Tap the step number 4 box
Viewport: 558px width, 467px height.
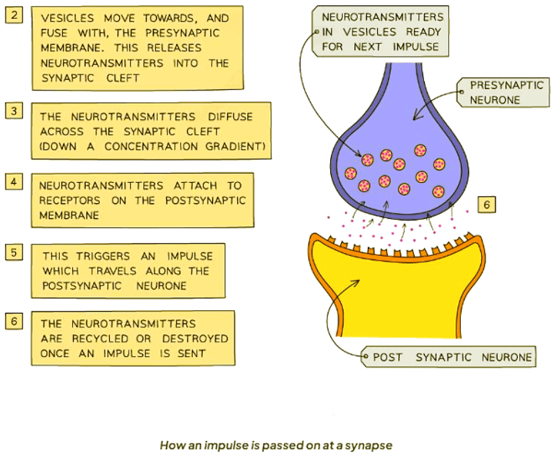pyautogui.click(x=15, y=181)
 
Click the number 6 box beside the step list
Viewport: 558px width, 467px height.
pyautogui.click(x=15, y=321)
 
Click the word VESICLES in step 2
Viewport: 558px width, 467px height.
pyautogui.click(x=68, y=19)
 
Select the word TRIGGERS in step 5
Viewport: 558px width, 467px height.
pyautogui.click(x=92, y=256)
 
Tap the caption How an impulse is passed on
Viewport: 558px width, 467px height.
pyautogui.click(x=275, y=444)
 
